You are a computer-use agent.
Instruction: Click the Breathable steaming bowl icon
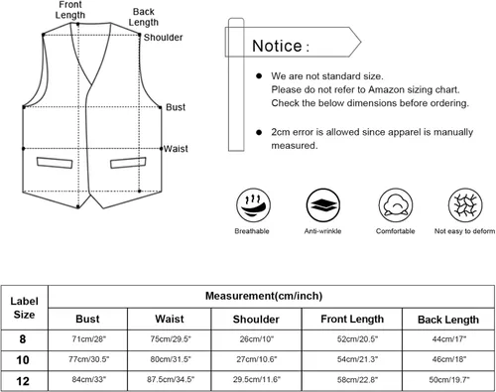(253, 205)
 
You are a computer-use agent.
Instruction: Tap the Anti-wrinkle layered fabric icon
(323, 205)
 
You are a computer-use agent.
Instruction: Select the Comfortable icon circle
(396, 205)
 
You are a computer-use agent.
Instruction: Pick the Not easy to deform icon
(465, 205)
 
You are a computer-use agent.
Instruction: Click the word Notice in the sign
(277, 46)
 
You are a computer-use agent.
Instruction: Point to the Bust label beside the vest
(176, 107)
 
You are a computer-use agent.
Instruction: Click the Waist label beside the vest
(176, 149)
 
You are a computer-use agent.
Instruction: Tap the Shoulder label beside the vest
(163, 37)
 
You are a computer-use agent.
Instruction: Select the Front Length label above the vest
(70, 10)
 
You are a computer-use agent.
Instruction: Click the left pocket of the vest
(55, 163)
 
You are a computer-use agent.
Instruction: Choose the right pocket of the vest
(128, 163)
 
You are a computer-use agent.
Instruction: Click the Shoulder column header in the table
(256, 320)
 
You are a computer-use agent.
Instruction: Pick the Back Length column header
(448, 320)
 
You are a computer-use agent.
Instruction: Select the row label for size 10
(23, 359)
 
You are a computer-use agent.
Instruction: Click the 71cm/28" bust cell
(89, 339)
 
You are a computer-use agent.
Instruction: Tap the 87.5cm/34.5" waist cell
(171, 379)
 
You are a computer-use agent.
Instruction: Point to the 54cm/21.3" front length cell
(357, 359)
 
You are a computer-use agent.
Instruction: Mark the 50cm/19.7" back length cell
(449, 380)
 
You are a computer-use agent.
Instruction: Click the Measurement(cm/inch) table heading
(264, 296)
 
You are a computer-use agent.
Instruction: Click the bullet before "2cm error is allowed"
(259, 132)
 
